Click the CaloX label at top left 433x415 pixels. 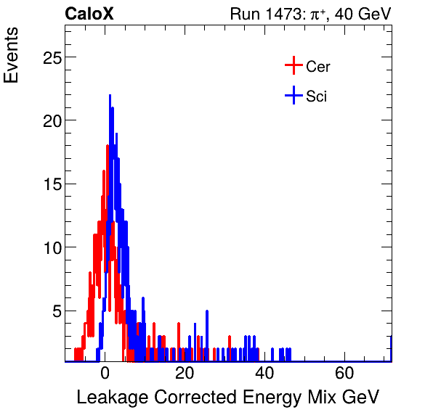click(89, 14)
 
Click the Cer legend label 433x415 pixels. click(318, 67)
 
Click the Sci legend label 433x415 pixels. click(316, 96)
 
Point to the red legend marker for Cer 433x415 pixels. click(293, 67)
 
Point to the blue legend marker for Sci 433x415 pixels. click(293, 96)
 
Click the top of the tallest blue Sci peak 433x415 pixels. click(110, 95)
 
